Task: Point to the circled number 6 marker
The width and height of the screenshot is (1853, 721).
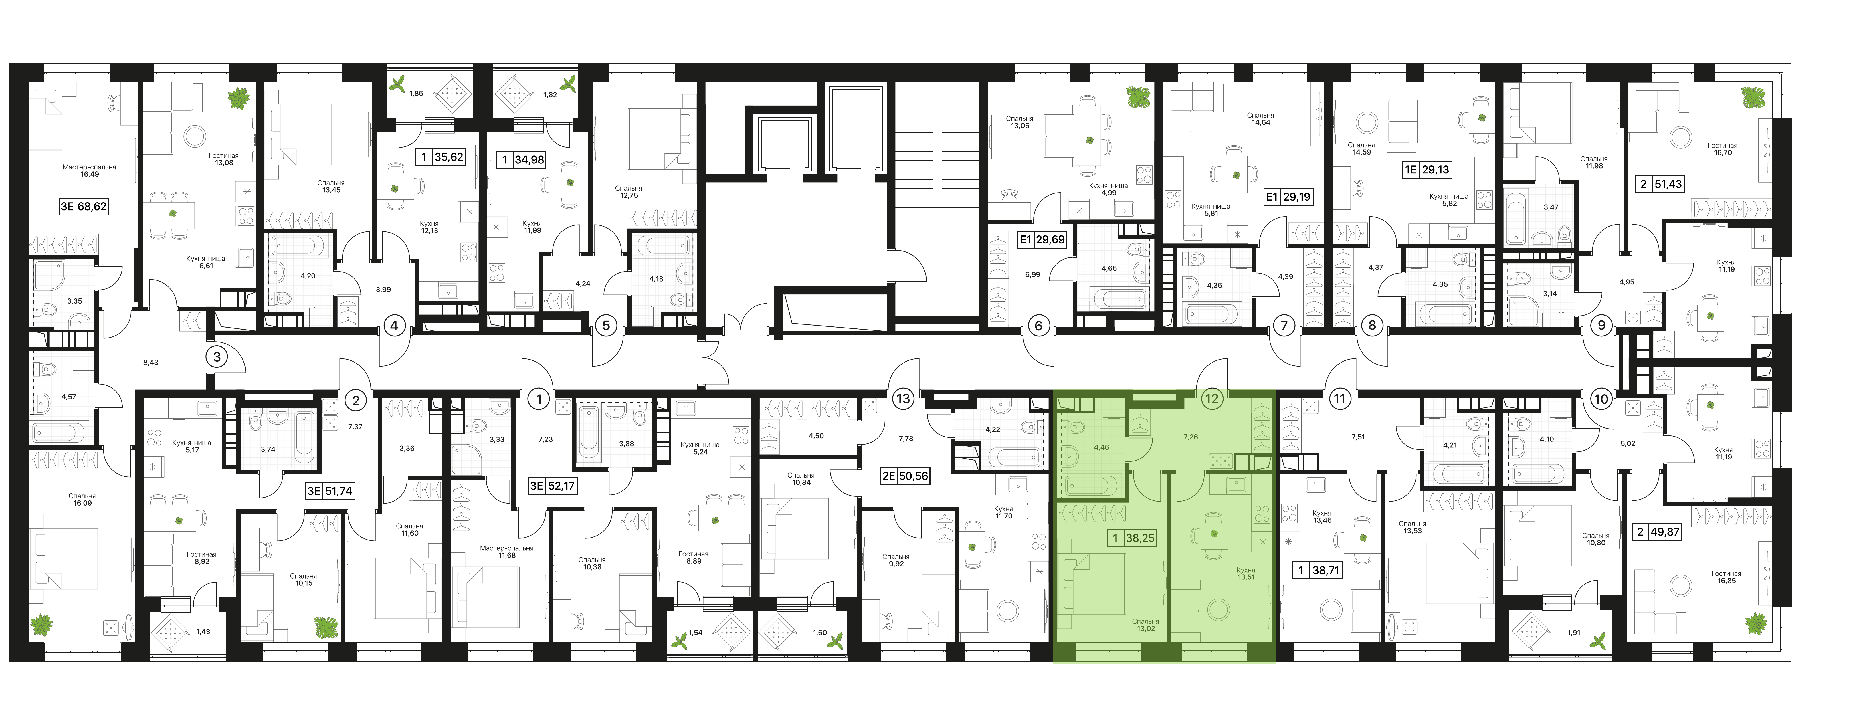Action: tap(1038, 326)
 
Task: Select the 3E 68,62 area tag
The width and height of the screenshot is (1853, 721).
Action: tap(84, 207)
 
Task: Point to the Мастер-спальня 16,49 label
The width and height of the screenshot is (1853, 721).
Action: tap(89, 171)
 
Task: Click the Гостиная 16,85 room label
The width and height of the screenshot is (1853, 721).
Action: tap(1727, 577)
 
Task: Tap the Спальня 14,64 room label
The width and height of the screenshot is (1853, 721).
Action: tap(1260, 119)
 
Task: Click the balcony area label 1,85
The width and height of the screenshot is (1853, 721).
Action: tap(417, 94)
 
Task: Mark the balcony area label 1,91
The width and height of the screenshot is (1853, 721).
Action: tap(1574, 633)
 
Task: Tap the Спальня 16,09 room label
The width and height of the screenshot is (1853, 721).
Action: tap(82, 499)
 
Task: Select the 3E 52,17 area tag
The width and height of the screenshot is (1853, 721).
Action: tap(553, 486)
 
